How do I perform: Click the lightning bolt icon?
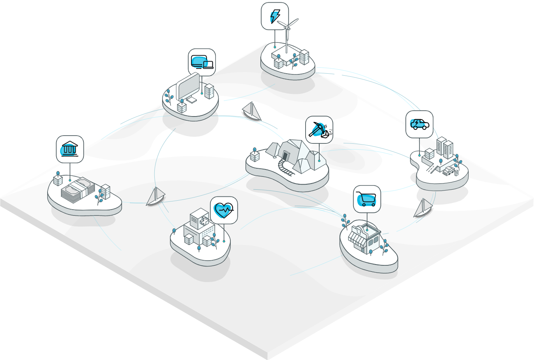(x=275, y=16)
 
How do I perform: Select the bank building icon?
(x=70, y=149)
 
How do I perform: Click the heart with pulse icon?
(x=224, y=210)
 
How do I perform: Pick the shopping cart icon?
(x=367, y=199)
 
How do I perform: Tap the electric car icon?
(x=419, y=124)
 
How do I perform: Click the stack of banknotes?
(x=78, y=189)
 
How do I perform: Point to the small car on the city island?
(x=448, y=171)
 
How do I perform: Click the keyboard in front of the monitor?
(x=191, y=100)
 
